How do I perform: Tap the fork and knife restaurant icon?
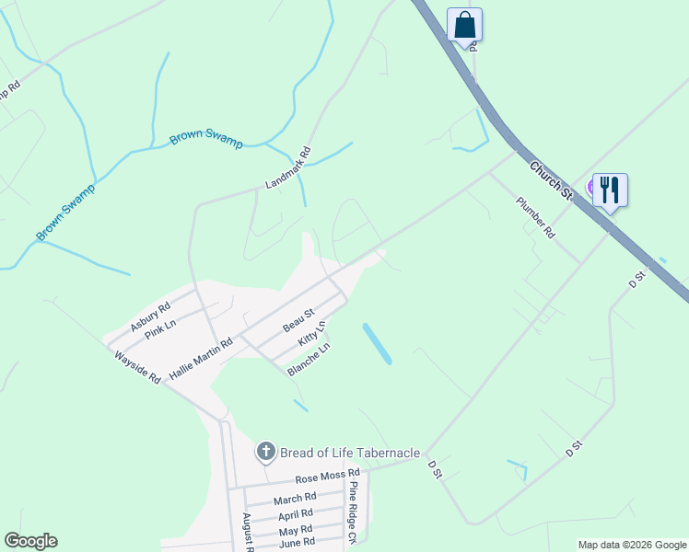[x=610, y=190]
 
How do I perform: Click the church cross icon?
[x=265, y=451]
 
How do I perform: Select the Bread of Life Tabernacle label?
[x=350, y=453]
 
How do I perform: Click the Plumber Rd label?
[x=535, y=218]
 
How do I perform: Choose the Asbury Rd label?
[x=150, y=316]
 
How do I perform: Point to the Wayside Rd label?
[x=138, y=365]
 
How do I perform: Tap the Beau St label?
[x=298, y=321]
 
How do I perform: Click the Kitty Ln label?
[x=312, y=333]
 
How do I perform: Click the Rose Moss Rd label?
[x=326, y=477]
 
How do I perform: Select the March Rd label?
[x=295, y=500]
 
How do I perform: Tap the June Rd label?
[x=297, y=543]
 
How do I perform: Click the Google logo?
[x=30, y=541]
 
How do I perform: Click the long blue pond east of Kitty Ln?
[x=377, y=343]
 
